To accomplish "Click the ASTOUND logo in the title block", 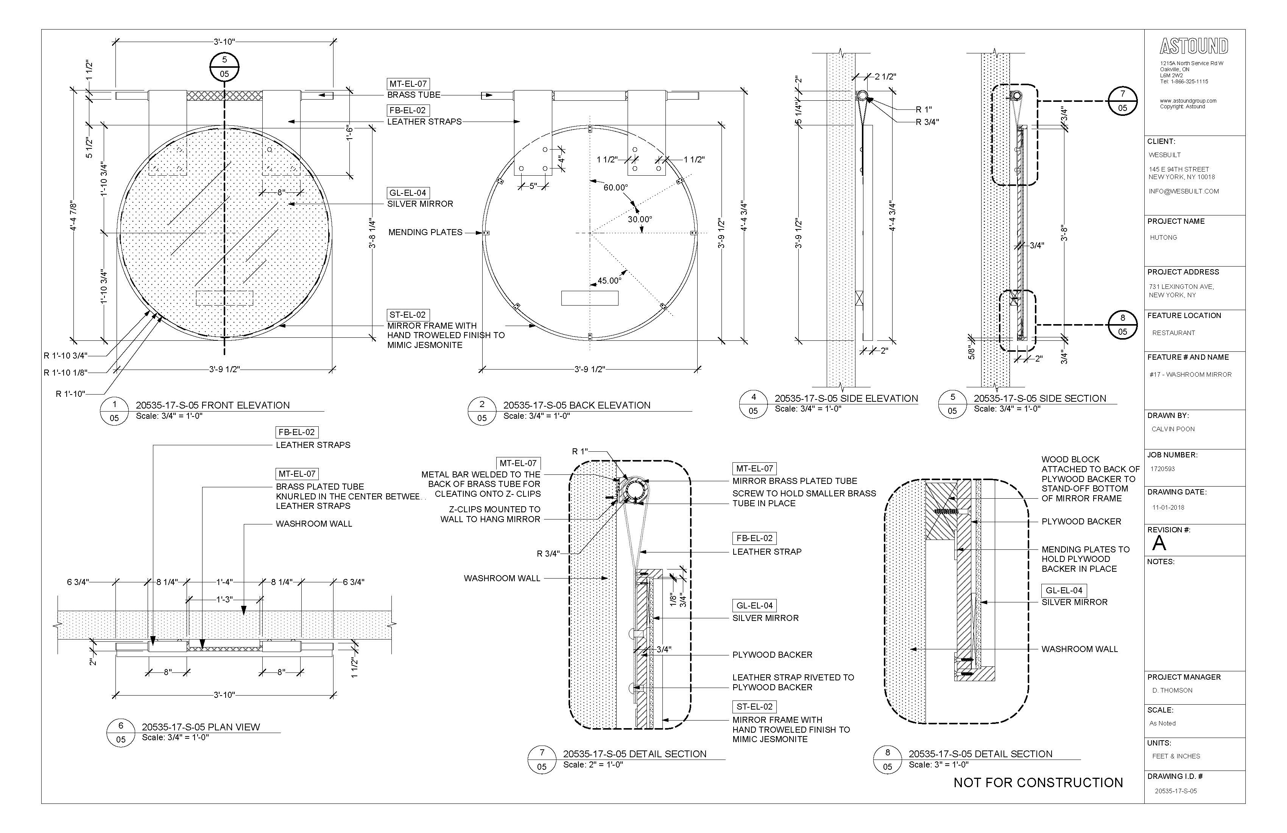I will tap(1194, 47).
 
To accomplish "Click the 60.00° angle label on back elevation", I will tap(615, 188).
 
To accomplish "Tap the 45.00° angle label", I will tap(609, 281).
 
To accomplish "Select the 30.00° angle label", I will tap(640, 220).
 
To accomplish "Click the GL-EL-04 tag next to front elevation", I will tap(408, 193).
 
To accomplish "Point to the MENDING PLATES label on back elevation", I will tap(425, 232).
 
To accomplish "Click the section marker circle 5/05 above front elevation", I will tap(224, 67).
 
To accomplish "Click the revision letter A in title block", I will tap(1159, 543).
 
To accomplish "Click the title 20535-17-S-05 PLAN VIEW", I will tap(201, 727).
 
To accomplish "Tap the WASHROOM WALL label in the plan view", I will tap(314, 524).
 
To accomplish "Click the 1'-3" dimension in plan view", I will tap(225, 599).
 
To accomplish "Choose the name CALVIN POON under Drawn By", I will tap(1173, 429).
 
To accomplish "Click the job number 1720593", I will tap(1162, 469).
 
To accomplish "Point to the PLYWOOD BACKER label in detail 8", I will tap(1081, 521).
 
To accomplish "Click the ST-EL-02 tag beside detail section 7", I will tap(754, 707).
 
